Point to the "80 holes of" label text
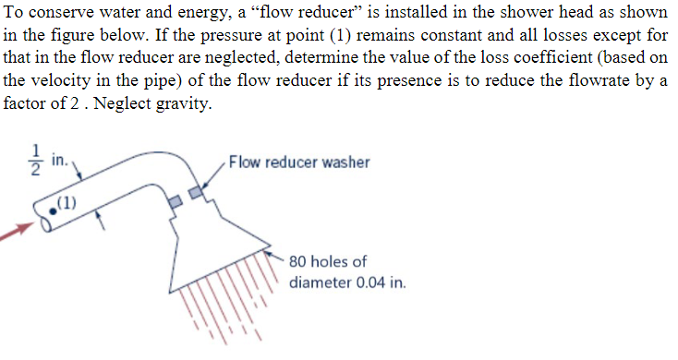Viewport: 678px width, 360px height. click(x=328, y=262)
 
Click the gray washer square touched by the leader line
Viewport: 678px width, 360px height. click(x=195, y=191)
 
